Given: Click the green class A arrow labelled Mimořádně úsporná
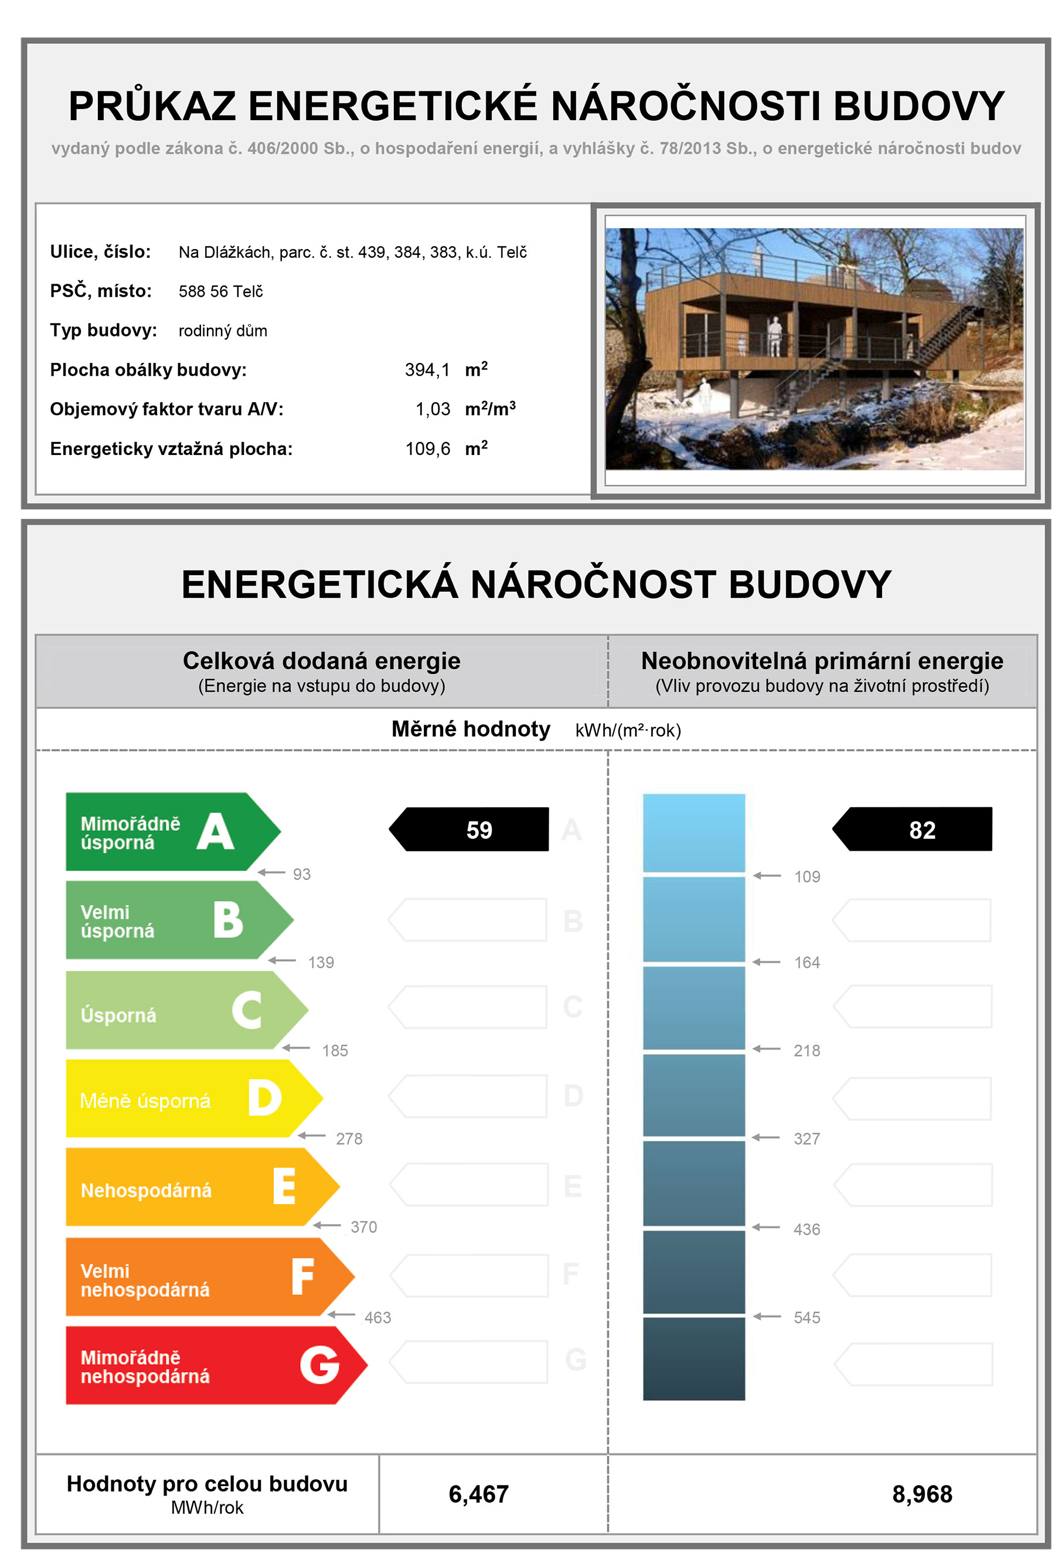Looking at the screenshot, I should click(x=167, y=831).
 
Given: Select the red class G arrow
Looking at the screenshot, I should click(x=207, y=1365).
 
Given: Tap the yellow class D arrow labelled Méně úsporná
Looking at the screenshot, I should click(x=187, y=1099).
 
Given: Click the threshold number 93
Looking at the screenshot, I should click(x=301, y=874).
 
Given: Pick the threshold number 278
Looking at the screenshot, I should click(x=349, y=1139).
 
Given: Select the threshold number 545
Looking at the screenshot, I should click(x=806, y=1318).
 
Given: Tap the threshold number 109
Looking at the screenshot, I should click(x=806, y=876).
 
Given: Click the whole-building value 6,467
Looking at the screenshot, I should click(x=478, y=1494).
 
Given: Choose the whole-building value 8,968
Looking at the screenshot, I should click(x=922, y=1494).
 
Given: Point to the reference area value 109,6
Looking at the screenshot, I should click(x=428, y=449).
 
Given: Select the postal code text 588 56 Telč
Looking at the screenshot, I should click(x=220, y=291).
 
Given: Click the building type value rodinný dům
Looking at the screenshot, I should click(x=223, y=331).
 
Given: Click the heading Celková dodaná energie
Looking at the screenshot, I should click(x=321, y=661).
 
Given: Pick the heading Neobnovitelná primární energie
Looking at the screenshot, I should click(x=822, y=661).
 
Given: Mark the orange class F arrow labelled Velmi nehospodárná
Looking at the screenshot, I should click(x=200, y=1276).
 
